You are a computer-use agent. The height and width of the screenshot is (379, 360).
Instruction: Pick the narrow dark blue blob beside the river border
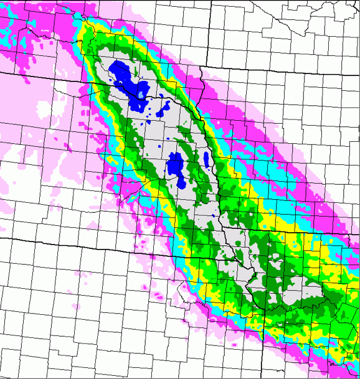pyautogui.click(x=207, y=159)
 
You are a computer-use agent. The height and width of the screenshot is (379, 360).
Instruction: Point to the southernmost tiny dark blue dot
pyautogui.click(x=212, y=215)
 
